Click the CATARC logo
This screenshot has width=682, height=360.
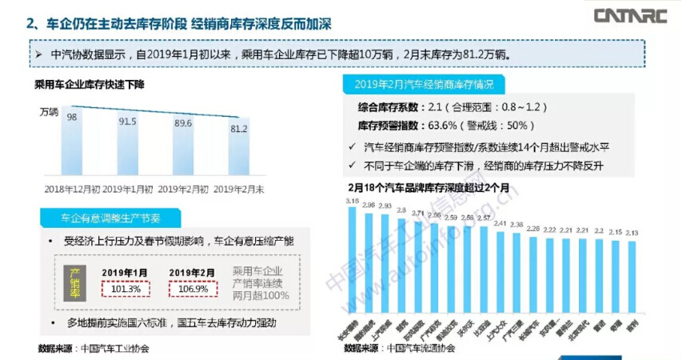pyautogui.click(x=631, y=15)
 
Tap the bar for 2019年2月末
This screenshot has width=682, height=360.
pyautogui.click(x=239, y=152)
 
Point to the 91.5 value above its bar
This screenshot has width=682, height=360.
pyautogui.click(x=128, y=122)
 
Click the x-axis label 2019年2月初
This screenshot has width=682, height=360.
pyautogui.click(x=183, y=189)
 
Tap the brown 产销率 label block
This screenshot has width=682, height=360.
pyautogui.click(x=76, y=281)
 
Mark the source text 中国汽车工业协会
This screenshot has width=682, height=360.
pyautogui.click(x=114, y=349)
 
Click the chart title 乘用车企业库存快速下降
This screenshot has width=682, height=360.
pyautogui.click(x=88, y=84)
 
